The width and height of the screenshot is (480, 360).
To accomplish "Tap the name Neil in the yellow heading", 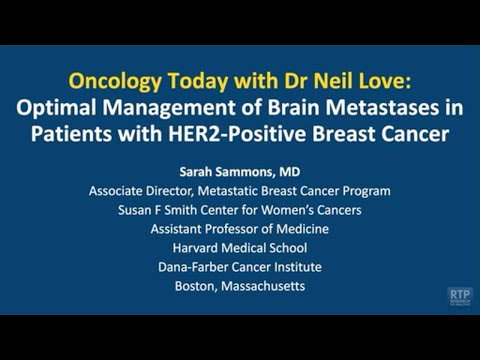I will coord(320,78).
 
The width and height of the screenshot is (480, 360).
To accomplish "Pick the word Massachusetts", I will coord(264,285).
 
